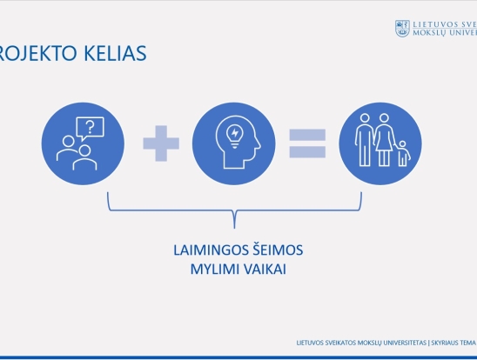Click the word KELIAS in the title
point(115,53)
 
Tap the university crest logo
point(402,29)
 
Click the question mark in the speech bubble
point(91,128)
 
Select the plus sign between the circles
point(161,143)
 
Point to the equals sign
point(307,143)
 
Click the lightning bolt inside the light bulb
point(235,133)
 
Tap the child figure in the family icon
point(403,153)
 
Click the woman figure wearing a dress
point(384,140)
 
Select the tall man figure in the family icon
point(365,140)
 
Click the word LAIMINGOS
point(212,250)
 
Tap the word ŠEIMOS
point(278,250)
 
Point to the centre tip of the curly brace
point(234,228)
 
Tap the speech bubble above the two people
point(91,129)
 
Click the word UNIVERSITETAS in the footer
point(405,343)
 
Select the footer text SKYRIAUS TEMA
point(453,343)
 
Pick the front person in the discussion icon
point(85,157)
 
